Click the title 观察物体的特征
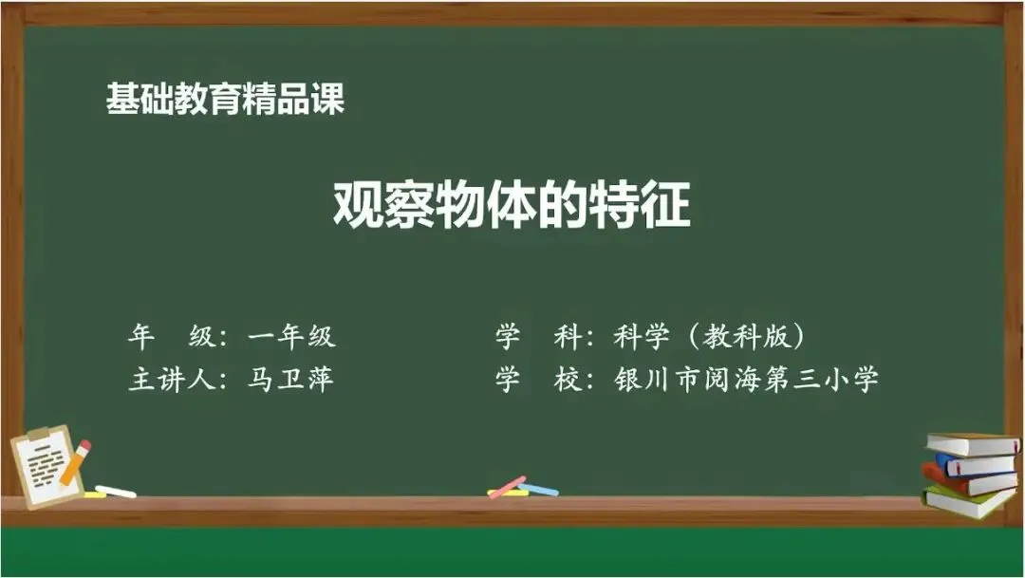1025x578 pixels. pyautogui.click(x=512, y=205)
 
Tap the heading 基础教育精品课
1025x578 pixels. pyautogui.click(x=226, y=99)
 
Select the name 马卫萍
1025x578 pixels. pyautogui.click(x=291, y=380)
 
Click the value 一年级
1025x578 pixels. pyautogui.click(x=291, y=336)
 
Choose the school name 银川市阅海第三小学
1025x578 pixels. pyautogui.click(x=746, y=380)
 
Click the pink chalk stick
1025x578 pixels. pyautogui.click(x=507, y=487)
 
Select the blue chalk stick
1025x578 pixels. pyautogui.click(x=539, y=489)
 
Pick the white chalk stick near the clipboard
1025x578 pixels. pyautogui.click(x=116, y=491)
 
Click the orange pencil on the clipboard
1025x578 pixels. pyautogui.click(x=75, y=463)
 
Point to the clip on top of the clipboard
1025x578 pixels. pyautogui.click(x=41, y=434)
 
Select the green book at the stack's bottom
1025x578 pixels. pyautogui.click(x=969, y=502)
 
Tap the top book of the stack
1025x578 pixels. pyautogui.click(x=973, y=444)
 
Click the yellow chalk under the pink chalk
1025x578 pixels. pyautogui.click(x=508, y=493)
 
